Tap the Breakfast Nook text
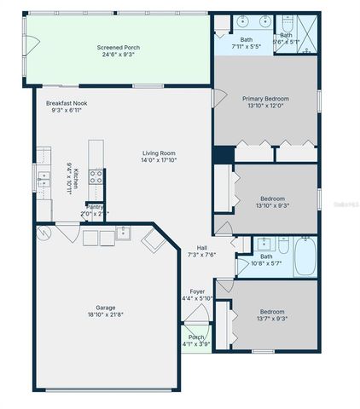point(67,103)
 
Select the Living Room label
point(160,153)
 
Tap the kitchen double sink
point(42,178)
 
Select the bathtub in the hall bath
point(305,257)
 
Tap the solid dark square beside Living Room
point(223,155)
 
